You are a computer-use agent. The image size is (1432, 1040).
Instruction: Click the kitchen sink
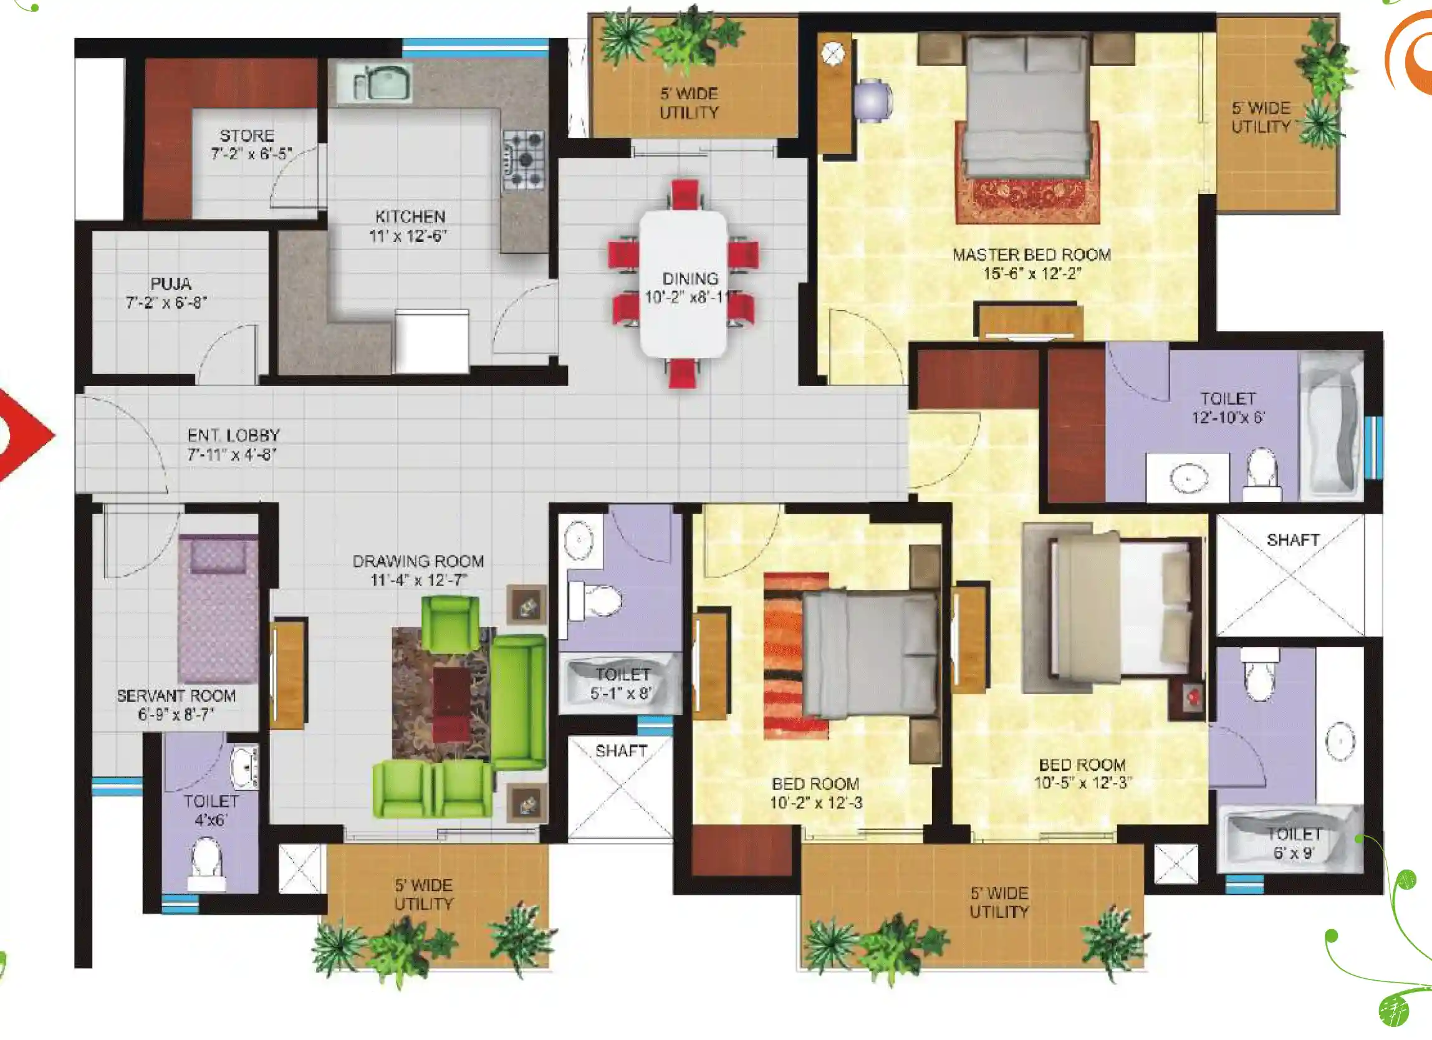pos(375,82)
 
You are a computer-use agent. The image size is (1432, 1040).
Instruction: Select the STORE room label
pos(247,136)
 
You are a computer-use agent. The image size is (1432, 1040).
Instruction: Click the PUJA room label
pos(170,284)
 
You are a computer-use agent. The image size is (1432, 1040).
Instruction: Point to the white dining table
pos(683,286)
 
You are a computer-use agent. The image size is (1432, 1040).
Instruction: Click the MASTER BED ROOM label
pos(1032,254)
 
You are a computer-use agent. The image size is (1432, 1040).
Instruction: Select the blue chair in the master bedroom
pos(872,100)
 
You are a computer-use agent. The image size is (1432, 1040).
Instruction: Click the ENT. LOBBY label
pos(234,435)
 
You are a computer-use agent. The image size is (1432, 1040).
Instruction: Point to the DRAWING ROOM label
pos(418,561)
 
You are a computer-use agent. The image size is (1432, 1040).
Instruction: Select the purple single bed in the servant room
pos(218,609)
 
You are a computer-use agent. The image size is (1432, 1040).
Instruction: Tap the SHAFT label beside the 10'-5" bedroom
pos(1292,540)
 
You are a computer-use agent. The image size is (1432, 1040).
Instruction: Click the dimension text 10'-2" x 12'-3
pos(816,802)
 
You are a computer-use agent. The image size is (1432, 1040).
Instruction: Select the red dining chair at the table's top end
pos(685,194)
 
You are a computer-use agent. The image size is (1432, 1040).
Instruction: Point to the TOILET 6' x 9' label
pos(1294,844)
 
